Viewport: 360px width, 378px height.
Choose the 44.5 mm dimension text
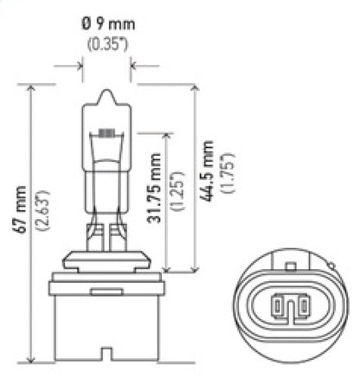point(210,171)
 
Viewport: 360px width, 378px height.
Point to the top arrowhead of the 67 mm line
point(32,87)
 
